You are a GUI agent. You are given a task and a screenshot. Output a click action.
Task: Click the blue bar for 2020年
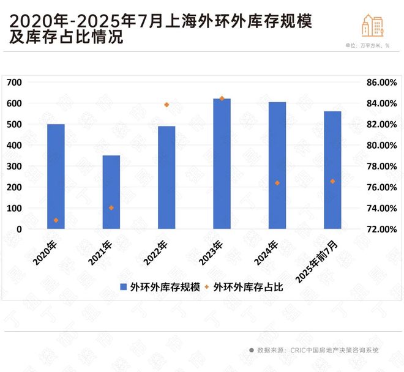[x=56, y=176]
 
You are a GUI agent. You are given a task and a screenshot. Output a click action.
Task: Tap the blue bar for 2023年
[x=222, y=163]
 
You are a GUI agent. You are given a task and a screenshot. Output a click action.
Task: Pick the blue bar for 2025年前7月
[x=332, y=170]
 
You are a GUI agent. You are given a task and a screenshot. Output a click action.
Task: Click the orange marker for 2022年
[x=166, y=105]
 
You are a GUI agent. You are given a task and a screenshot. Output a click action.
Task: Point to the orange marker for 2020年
[x=56, y=220]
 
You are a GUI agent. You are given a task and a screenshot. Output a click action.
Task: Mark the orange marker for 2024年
[x=277, y=183]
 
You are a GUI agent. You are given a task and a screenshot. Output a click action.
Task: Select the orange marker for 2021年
[x=111, y=208]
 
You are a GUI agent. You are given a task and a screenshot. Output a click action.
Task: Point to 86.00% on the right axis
[x=381, y=82]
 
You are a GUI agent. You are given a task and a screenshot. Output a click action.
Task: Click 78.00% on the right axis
[x=381, y=166]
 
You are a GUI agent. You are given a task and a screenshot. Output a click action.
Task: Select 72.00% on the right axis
[x=381, y=229]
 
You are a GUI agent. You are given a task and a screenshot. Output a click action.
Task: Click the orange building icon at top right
[x=373, y=25]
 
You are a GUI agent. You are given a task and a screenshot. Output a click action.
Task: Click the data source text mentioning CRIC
[x=318, y=350]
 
